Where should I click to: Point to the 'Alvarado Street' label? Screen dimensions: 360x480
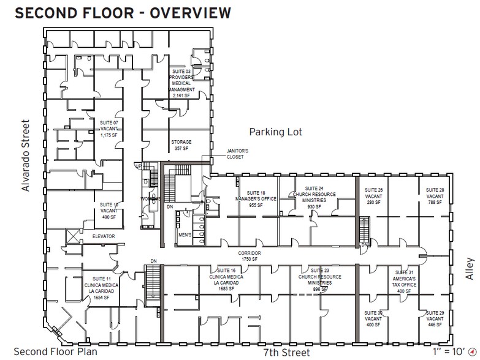(26, 157)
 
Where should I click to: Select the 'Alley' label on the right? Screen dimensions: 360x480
(469, 267)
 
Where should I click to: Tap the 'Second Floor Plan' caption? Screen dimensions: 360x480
(52, 351)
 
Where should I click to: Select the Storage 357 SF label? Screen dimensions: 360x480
(181, 146)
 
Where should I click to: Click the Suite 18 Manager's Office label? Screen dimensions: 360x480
(256, 200)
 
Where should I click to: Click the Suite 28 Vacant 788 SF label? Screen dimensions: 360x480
(435, 195)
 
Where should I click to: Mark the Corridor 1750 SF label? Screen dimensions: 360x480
(250, 255)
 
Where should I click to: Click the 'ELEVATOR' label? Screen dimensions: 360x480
(104, 236)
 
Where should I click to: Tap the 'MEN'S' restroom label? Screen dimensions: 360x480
(185, 235)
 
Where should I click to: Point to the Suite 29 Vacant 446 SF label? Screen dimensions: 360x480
(435, 320)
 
